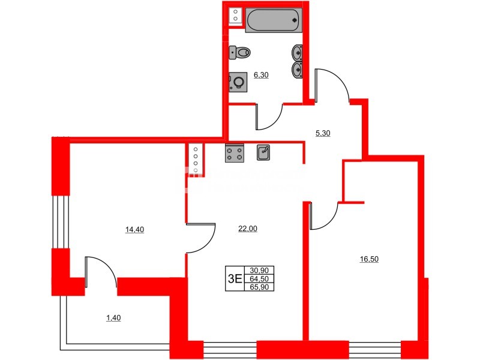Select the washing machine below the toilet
pos(238,81)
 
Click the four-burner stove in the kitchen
pos(235,154)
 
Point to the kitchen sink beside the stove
pos(263,153)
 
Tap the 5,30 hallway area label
pos(323,133)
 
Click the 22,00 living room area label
pos(248,229)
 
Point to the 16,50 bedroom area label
pos(370,259)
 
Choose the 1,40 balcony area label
pos(113,318)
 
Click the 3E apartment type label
pos(235,278)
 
